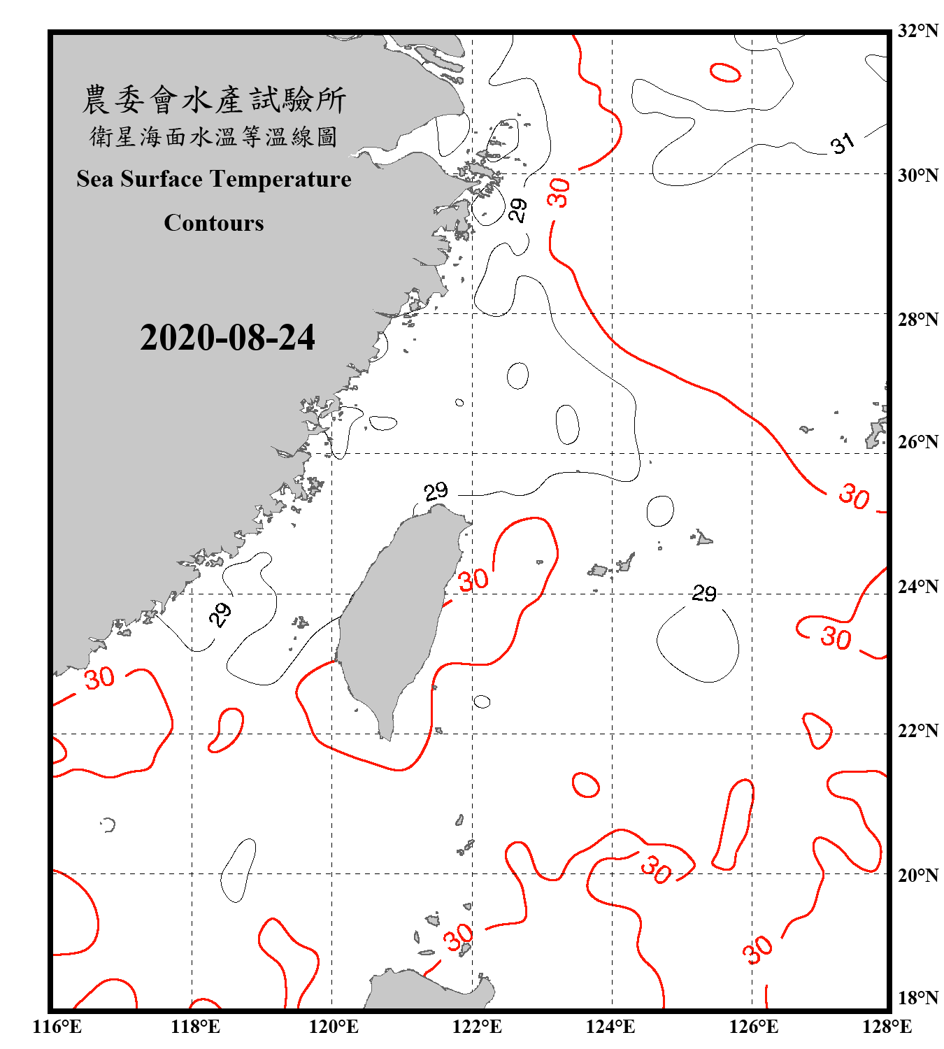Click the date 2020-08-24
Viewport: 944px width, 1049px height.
click(x=227, y=338)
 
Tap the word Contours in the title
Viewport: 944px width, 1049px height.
click(x=214, y=223)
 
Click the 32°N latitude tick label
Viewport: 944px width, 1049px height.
click(x=918, y=31)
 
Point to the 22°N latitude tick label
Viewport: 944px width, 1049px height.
click(x=918, y=731)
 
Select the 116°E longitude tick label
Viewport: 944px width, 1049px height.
click(x=57, y=1027)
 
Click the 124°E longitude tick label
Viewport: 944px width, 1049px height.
click(x=610, y=1027)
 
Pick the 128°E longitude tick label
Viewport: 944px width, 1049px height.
click(x=887, y=1027)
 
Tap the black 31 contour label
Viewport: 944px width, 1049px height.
click(x=843, y=143)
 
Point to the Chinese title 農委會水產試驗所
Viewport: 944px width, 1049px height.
click(x=214, y=100)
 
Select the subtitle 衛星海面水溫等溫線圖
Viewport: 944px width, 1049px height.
click(x=214, y=136)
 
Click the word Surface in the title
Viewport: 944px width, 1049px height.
click(x=162, y=179)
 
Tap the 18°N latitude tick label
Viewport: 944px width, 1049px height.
click(x=918, y=998)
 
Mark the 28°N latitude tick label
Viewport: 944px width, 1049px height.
click(x=918, y=320)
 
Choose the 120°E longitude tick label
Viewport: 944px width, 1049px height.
click(x=334, y=1027)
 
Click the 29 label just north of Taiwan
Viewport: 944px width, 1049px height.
click(x=436, y=491)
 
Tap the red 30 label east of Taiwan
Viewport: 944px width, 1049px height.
click(x=473, y=580)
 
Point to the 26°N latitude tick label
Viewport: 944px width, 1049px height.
click(x=918, y=442)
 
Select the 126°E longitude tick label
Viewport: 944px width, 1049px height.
click(x=753, y=1027)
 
